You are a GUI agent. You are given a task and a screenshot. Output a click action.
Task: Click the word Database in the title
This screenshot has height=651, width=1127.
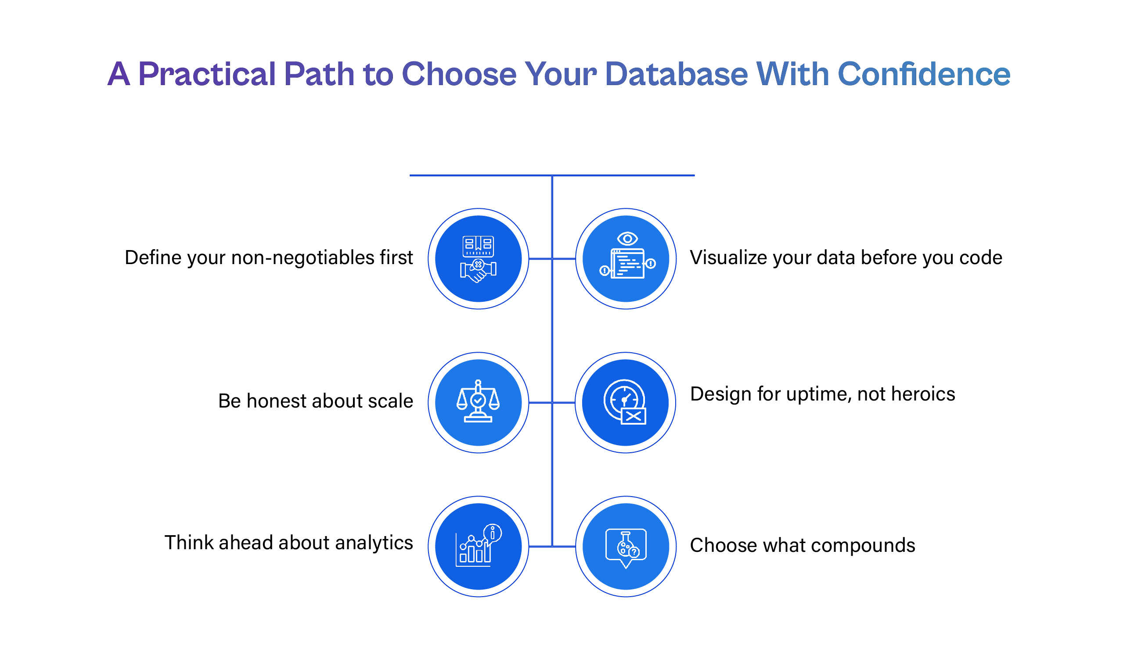pos(676,74)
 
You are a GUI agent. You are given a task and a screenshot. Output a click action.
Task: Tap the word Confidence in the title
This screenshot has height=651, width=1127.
pos(924,74)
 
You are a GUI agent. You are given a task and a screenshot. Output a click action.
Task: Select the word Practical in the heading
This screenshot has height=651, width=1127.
pos(207,74)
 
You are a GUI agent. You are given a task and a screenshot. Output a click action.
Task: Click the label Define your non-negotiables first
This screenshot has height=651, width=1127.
pos(268,258)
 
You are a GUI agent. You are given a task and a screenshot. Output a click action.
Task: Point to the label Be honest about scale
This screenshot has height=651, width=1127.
pos(315,401)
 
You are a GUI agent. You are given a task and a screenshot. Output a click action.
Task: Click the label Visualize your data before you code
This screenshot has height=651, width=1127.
pos(846,258)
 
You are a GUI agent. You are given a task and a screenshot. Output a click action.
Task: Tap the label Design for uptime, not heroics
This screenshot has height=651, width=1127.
pos(822,394)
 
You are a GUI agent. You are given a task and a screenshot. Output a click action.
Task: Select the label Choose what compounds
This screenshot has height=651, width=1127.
pos(802,546)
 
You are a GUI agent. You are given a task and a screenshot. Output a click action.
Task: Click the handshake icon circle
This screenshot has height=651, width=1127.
pos(478,259)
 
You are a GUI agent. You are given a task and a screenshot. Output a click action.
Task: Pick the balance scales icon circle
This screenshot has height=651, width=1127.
pos(478,403)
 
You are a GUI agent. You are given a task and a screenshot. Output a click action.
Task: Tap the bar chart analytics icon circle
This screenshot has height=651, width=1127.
pos(478,547)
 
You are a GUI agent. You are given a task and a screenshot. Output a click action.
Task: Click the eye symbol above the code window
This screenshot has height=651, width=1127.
pos(627,239)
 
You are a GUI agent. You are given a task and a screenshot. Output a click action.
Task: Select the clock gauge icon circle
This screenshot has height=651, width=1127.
pos(625,403)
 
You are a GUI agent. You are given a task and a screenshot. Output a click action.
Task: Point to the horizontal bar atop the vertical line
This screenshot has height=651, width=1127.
pos(552,175)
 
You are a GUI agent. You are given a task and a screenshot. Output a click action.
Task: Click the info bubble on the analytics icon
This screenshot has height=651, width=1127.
pos(493,533)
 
